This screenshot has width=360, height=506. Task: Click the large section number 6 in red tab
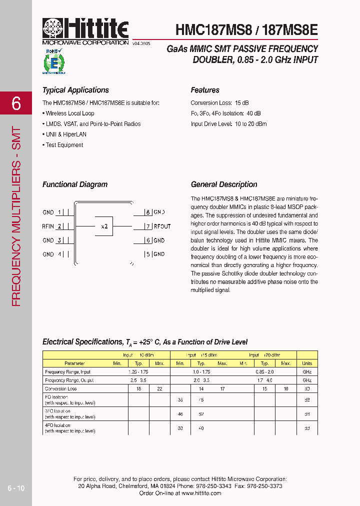[x=16, y=103]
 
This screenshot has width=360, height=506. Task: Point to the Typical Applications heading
[x=75, y=90]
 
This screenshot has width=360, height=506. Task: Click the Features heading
[x=205, y=90]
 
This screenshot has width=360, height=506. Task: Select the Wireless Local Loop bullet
[x=69, y=113]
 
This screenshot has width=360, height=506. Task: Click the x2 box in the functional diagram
[x=104, y=226]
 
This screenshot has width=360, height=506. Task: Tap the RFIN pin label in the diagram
[x=48, y=226]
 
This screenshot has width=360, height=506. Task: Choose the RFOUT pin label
[x=162, y=226]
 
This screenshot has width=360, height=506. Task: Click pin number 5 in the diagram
[x=147, y=254]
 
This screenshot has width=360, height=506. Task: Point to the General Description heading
[x=224, y=184]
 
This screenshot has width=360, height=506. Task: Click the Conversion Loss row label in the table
[x=61, y=388]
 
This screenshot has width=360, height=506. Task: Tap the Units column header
[x=307, y=363]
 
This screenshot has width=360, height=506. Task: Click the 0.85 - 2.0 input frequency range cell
[x=264, y=372]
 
